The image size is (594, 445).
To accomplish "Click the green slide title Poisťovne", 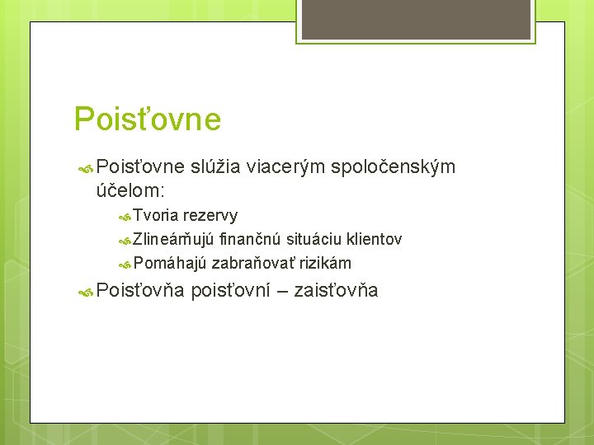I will coord(148,119).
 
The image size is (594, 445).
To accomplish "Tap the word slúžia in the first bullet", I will coord(215,167).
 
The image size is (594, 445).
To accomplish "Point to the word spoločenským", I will coord(393,167).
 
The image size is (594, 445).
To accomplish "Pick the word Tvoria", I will coord(156,216).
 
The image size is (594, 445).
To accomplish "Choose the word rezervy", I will coord(210,216).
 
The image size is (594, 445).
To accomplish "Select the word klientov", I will coord(375,240).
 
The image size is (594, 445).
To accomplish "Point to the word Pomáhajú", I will coord(170,264).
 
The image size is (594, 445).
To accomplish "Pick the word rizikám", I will coord(326,264).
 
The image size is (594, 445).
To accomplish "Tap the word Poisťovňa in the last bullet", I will coord(139,290).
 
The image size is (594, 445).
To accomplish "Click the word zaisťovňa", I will coord(336,290).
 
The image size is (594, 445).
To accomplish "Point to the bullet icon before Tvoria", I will coord(125,217).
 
